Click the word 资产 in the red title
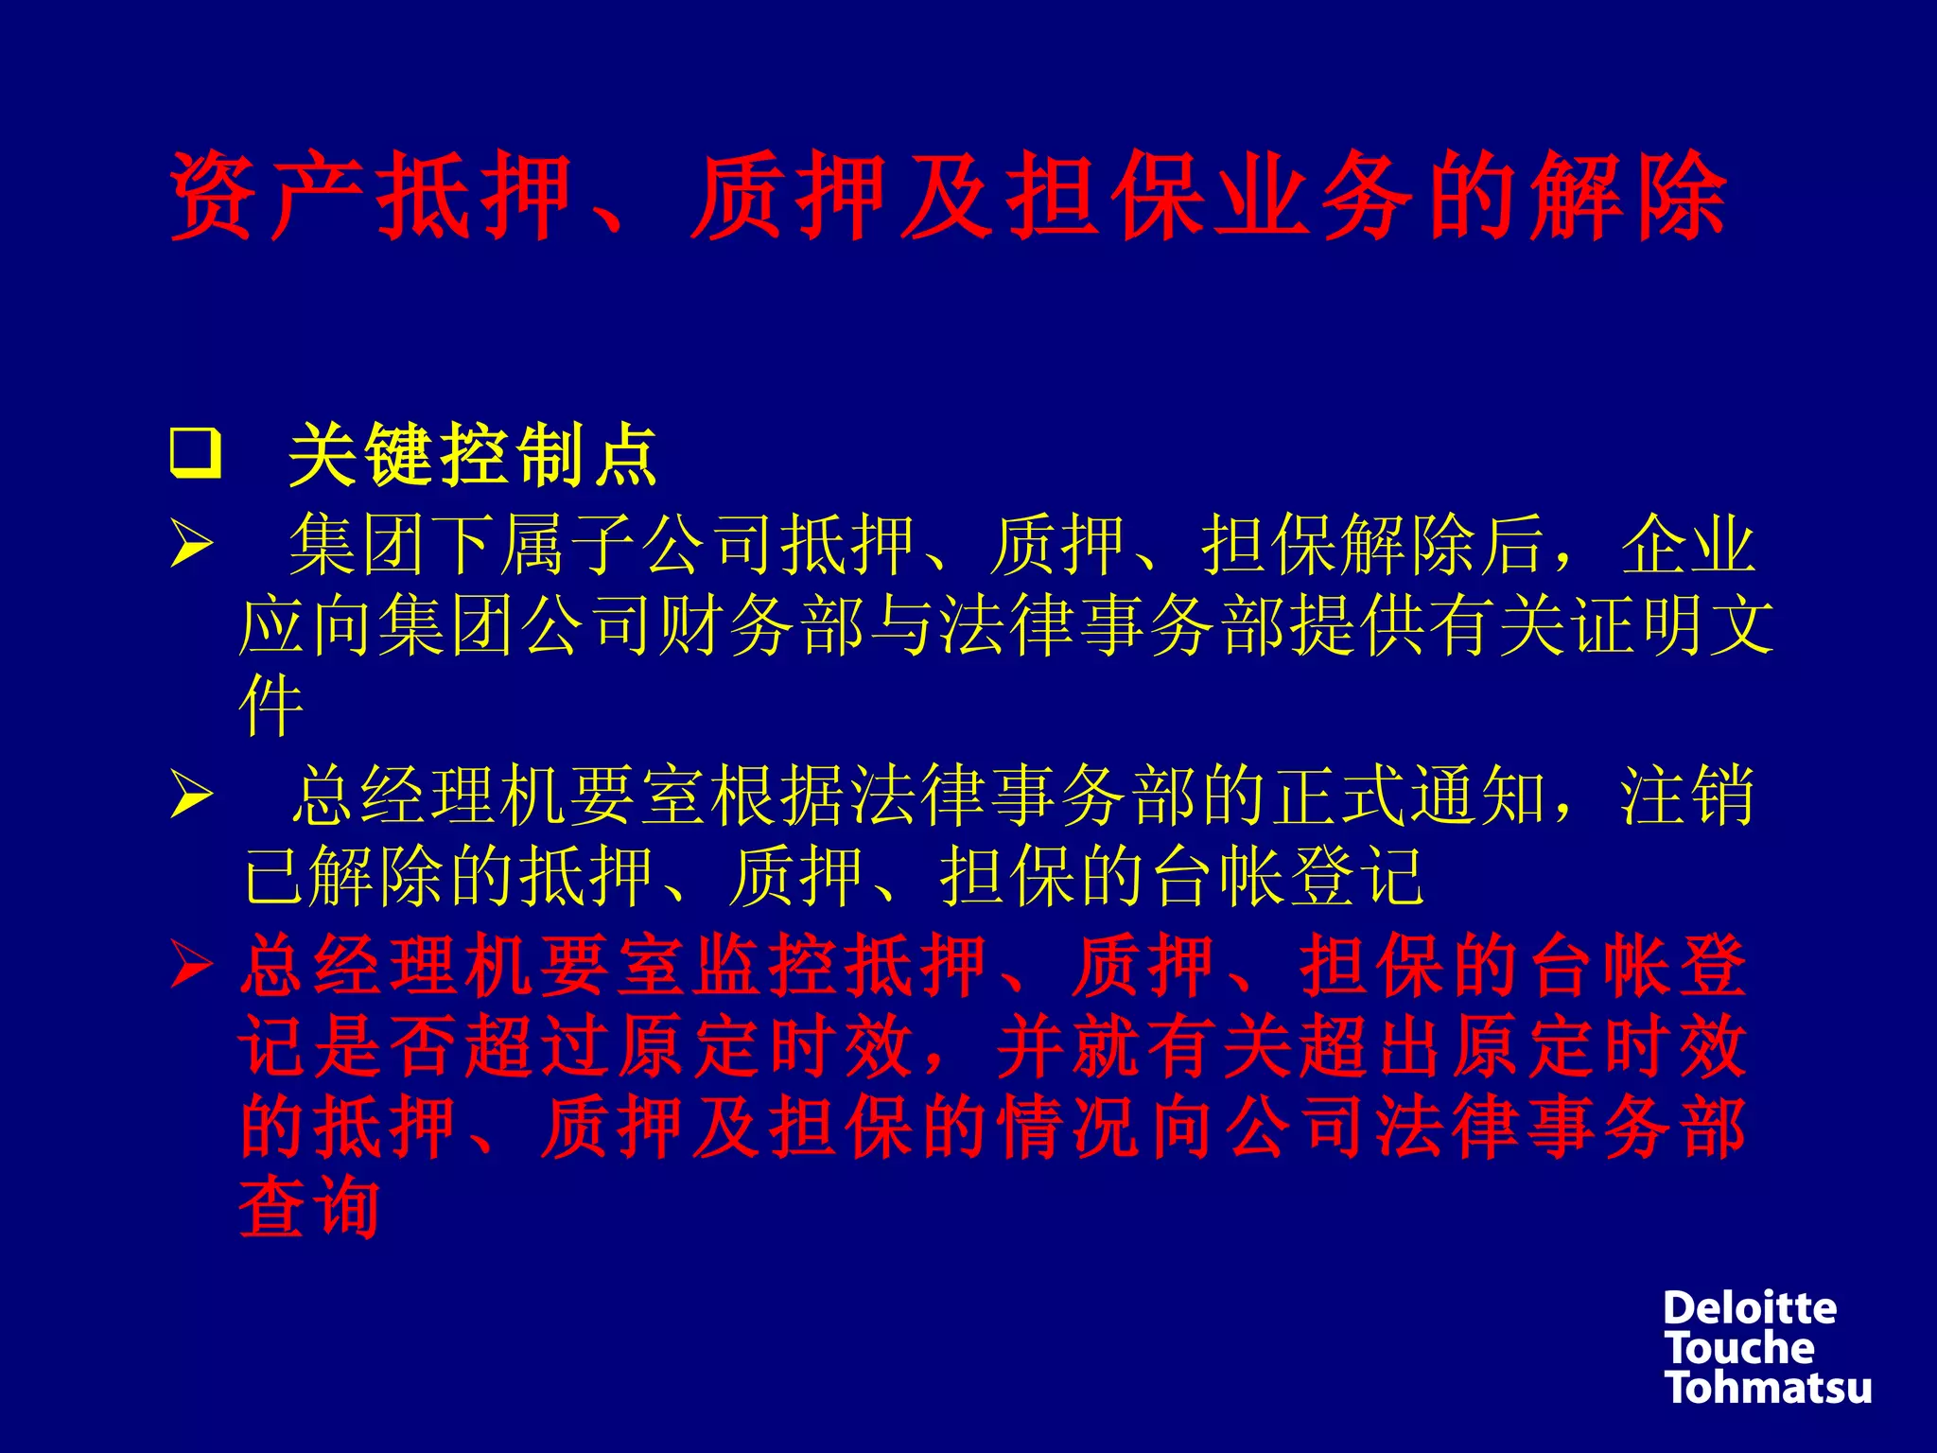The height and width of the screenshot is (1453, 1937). tap(267, 196)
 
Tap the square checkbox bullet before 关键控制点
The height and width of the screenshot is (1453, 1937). tap(196, 454)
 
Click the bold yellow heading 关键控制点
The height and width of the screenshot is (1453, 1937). tap(473, 455)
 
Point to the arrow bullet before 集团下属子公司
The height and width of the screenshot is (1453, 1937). tap(192, 546)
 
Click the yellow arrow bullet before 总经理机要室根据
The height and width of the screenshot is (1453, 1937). tap(192, 796)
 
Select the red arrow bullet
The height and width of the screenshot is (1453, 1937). tap(192, 966)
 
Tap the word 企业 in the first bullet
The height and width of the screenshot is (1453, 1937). tap(1688, 546)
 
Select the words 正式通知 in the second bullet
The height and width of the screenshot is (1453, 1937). tap(1409, 796)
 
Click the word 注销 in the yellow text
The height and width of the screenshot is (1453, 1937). tap(1688, 796)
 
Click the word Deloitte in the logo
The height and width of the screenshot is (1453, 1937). tap(1750, 1309)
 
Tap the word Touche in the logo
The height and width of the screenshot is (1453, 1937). tap(1740, 1349)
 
